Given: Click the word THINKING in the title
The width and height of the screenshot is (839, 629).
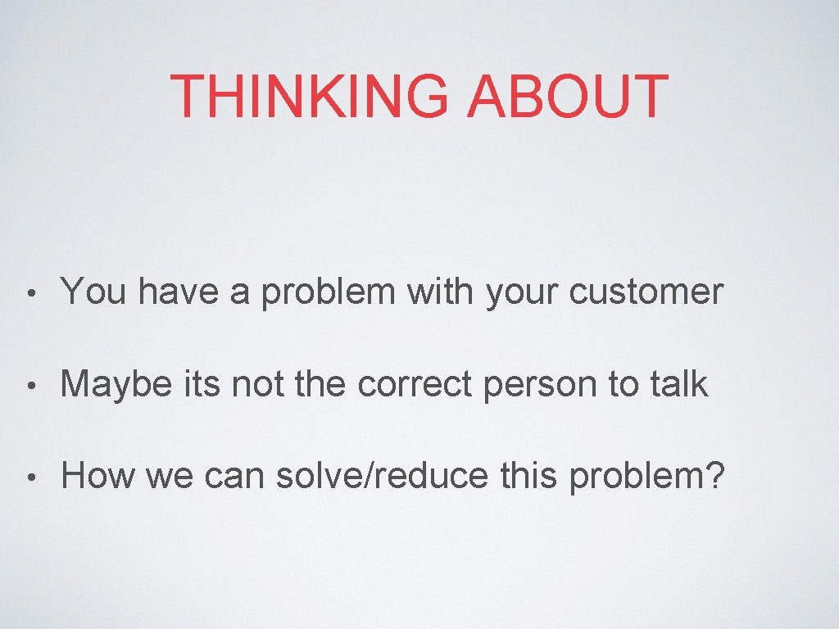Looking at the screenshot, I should point(311,96).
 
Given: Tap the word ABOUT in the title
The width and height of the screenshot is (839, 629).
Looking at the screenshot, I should point(567,96).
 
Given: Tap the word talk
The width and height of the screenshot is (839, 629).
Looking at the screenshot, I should point(675,383).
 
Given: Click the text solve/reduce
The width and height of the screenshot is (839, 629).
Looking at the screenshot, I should point(381,475).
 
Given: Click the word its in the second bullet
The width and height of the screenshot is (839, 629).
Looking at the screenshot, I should point(199,383).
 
